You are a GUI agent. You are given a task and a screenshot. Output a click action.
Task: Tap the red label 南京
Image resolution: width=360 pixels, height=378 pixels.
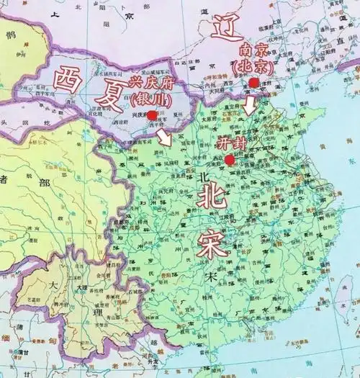pos(253,52)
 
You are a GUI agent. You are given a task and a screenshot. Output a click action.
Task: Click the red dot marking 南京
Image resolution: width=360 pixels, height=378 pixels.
pos(253,83)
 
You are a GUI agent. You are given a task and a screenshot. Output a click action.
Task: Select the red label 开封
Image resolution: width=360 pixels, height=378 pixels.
pos(232,143)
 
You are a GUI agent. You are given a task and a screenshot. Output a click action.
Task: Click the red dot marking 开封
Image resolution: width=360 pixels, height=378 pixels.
pos(229,159)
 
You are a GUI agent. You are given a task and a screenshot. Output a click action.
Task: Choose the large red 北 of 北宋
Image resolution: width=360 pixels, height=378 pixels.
pos(212,195)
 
